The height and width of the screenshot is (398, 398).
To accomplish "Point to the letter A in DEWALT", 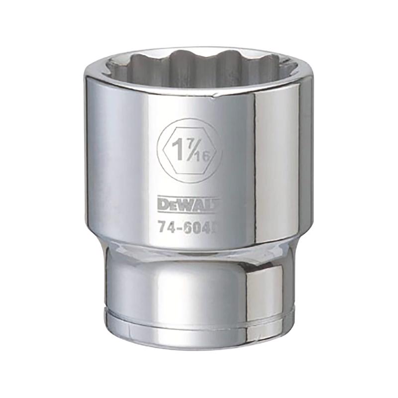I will (198, 203).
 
